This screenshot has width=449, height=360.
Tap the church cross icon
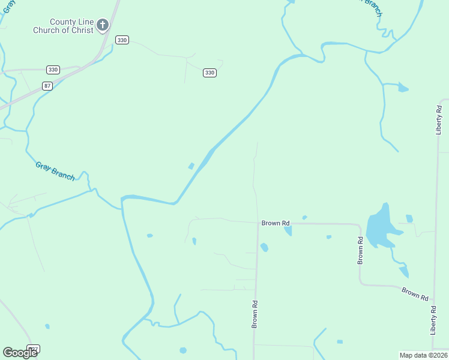pos(103,25)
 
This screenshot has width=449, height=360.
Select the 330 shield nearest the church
pos(122,40)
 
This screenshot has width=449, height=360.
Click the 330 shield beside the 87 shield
pos(53,70)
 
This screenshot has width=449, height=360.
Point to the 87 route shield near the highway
pos(47,86)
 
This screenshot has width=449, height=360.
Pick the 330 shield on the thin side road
pos(209,73)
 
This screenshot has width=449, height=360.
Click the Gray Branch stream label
pos(55,171)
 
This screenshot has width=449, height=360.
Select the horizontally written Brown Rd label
pos(276,223)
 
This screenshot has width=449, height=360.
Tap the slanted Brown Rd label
pos(415,294)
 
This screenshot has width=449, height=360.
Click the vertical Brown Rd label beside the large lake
pos(361,250)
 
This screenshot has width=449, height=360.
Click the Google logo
pos(20,352)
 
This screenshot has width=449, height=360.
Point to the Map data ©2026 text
pos(423,355)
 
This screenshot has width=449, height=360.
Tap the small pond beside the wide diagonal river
pos(191,166)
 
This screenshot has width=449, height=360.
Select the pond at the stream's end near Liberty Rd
pos(403,89)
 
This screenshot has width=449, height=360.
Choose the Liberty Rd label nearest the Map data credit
pos(433,320)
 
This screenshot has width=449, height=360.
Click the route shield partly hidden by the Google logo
pos(35,349)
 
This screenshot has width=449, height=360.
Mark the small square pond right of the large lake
pos(409,218)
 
